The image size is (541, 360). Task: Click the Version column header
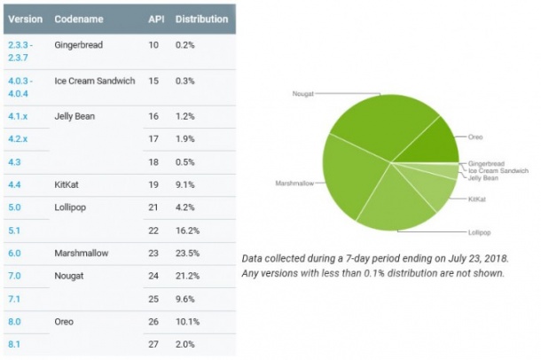(25, 18)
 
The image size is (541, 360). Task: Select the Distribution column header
(200, 18)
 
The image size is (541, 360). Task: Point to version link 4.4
(15, 185)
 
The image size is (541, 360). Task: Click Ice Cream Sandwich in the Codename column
(94, 81)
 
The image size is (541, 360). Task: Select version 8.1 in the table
(15, 342)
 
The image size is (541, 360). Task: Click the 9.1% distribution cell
(186, 185)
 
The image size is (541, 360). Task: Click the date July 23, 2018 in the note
(470, 258)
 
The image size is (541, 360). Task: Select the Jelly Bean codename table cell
(74, 116)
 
